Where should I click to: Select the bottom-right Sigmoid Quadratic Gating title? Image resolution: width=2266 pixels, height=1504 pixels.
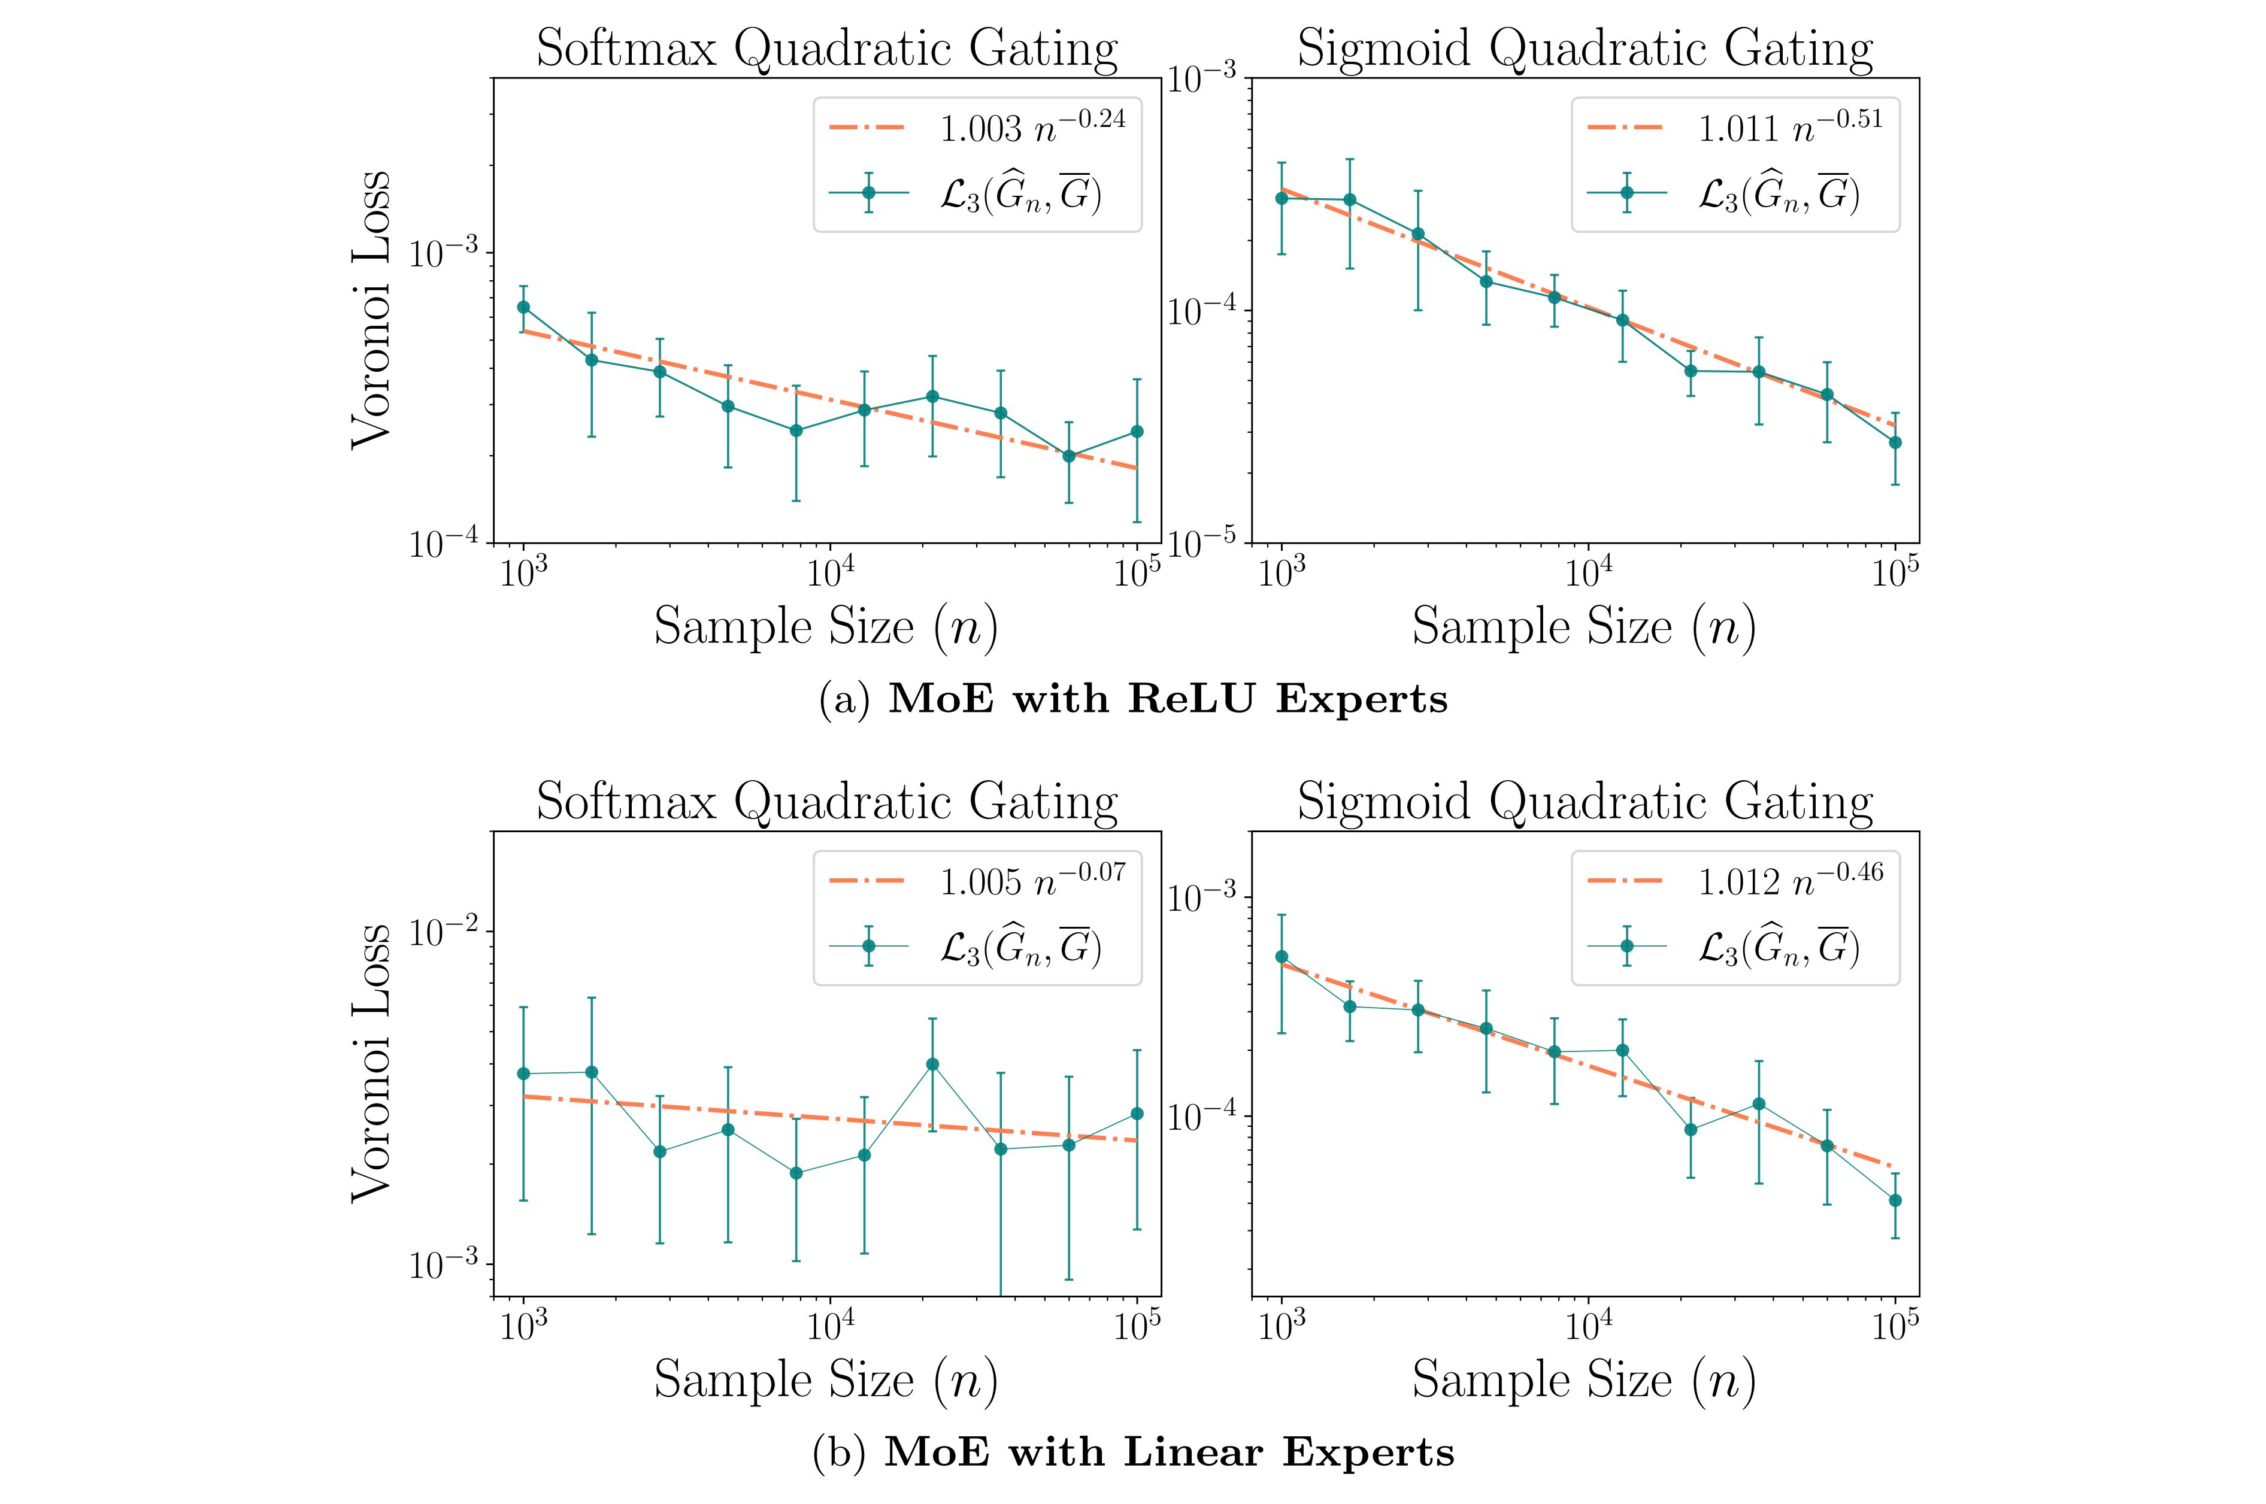tap(1585, 801)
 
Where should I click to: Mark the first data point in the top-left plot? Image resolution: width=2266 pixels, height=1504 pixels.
tap(524, 307)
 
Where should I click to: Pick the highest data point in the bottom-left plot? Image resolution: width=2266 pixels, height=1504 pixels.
tap(932, 1064)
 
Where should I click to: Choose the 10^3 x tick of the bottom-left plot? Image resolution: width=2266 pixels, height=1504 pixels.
tap(524, 1327)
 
